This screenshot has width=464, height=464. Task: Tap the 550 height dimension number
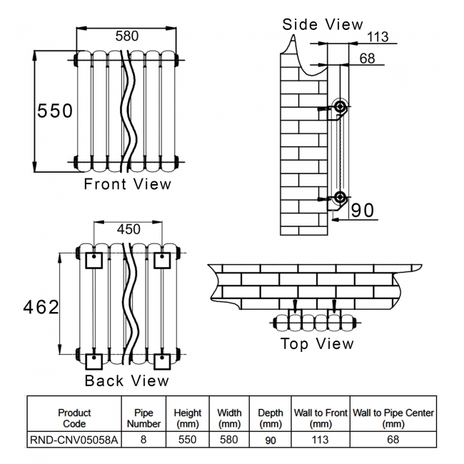click(x=55, y=111)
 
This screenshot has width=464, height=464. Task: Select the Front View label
click(x=128, y=184)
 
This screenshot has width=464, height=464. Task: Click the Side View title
click(x=323, y=24)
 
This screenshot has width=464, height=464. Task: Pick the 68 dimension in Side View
click(x=367, y=59)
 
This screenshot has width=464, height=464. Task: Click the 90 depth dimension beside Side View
click(x=363, y=210)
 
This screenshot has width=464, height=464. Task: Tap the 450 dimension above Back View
click(x=128, y=229)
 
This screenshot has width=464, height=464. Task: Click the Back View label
click(x=127, y=380)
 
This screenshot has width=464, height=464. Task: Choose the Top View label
click(x=317, y=344)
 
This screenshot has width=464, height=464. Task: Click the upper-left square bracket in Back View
click(x=94, y=260)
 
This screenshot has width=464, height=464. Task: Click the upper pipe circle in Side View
click(x=341, y=108)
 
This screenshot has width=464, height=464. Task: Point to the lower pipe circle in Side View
click(x=341, y=197)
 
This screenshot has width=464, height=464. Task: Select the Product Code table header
click(x=74, y=418)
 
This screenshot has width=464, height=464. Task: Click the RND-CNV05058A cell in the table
click(x=74, y=440)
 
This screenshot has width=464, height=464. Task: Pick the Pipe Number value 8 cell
click(x=143, y=440)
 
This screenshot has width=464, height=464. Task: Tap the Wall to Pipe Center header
click(x=393, y=418)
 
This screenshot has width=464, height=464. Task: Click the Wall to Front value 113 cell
click(x=321, y=440)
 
